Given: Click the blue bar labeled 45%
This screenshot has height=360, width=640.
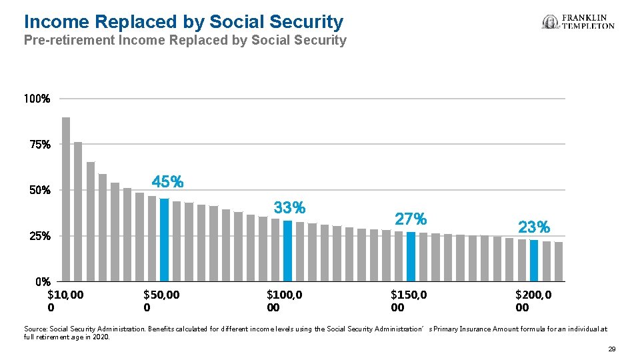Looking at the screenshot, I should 164,240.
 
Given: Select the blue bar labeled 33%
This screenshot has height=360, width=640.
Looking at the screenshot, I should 287,251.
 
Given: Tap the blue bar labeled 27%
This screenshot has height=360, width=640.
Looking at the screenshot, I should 411,256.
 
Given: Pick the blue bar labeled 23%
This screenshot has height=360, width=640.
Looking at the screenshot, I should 534,260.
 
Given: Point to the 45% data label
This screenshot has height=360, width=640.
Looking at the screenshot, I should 167,181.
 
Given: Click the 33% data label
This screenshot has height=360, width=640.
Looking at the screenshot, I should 289,208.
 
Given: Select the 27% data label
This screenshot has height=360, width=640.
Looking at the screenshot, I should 411,219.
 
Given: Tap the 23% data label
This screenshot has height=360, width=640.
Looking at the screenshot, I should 534,227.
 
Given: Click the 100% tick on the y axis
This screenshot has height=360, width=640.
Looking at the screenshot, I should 37,99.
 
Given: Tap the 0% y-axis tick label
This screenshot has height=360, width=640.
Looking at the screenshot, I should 43,281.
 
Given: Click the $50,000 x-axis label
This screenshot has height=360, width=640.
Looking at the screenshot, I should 161,301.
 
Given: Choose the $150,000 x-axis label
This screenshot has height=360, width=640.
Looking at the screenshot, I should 409,301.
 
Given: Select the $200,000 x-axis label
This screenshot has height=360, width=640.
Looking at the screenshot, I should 533,301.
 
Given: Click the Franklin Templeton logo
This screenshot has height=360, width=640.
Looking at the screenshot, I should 578,22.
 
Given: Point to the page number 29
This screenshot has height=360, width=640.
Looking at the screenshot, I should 611,349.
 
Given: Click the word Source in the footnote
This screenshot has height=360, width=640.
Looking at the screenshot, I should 35,329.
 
